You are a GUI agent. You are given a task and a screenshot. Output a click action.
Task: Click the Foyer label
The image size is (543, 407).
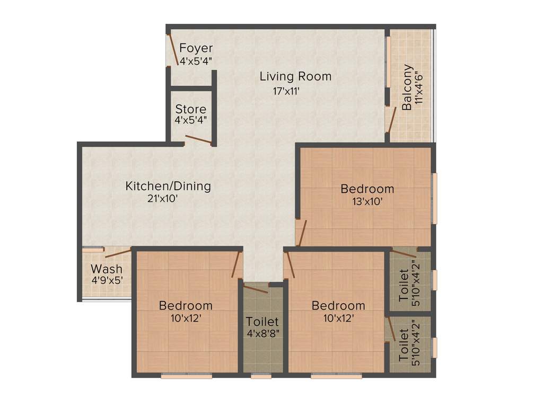click(x=196, y=48)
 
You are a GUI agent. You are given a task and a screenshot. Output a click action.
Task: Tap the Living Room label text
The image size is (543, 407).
click(x=295, y=76)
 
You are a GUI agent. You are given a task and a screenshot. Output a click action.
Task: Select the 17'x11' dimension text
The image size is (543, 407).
click(x=287, y=91)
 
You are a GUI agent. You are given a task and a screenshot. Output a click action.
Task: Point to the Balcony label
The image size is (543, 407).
click(x=407, y=87)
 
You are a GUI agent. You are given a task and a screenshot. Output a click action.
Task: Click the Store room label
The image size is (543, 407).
click(x=191, y=109)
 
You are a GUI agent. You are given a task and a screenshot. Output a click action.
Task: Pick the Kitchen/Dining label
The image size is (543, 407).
click(x=168, y=186)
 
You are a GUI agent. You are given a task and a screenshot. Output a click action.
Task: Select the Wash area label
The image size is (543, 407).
click(x=106, y=269)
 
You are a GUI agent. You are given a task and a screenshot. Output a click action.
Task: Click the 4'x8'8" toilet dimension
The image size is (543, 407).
click(x=262, y=335)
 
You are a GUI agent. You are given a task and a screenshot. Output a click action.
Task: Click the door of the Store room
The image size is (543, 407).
click(x=198, y=140)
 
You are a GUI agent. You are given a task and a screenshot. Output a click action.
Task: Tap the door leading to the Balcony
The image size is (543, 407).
click(x=391, y=120)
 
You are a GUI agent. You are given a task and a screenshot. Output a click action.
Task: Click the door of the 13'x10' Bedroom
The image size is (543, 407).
click(x=302, y=233)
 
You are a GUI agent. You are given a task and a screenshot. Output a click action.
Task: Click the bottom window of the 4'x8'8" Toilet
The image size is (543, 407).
click(x=261, y=376)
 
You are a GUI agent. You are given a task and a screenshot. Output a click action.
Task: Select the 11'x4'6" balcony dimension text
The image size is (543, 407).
click(x=421, y=88)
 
